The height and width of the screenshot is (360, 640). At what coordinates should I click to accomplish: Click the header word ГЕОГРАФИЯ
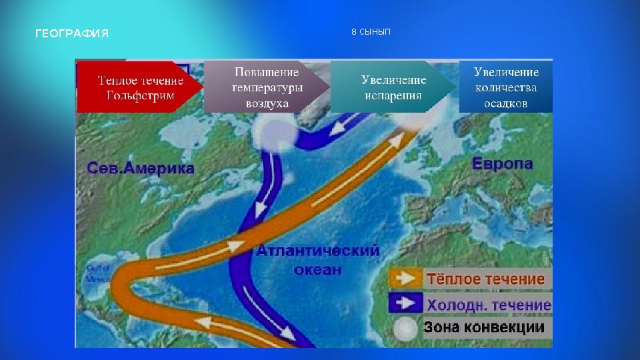[x=71, y=33]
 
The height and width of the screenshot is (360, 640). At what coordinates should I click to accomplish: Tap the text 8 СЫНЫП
[x=371, y=32]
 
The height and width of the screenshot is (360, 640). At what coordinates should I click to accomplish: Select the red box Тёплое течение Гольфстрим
[x=139, y=87]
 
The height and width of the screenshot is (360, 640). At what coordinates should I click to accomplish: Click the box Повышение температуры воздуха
[x=267, y=87]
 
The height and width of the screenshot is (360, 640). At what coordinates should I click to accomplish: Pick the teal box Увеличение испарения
[x=393, y=87]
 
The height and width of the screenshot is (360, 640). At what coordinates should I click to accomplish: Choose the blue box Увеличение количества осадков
[x=506, y=87]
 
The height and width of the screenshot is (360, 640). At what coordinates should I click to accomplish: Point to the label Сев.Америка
[x=141, y=168]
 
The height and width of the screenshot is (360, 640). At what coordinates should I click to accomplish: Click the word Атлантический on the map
[x=318, y=251]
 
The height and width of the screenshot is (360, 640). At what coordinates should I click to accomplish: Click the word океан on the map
[x=317, y=269]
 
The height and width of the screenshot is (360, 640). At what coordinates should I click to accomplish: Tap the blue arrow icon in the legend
[x=405, y=303]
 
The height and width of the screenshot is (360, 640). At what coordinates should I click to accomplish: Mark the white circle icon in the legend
[x=404, y=328]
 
